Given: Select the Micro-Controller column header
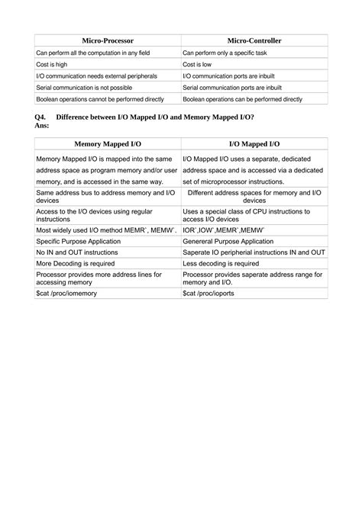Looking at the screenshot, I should [x=254, y=40].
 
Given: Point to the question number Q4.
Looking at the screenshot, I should [x=40, y=116].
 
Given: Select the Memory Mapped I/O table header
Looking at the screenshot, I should [x=108, y=143].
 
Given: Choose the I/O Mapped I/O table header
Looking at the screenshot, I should [x=254, y=143].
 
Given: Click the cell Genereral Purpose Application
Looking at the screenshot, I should [x=232, y=240].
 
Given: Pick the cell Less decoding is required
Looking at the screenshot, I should [x=221, y=263].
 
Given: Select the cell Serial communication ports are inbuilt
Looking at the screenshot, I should [x=238, y=88].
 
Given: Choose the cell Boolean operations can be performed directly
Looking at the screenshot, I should [x=242, y=99].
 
